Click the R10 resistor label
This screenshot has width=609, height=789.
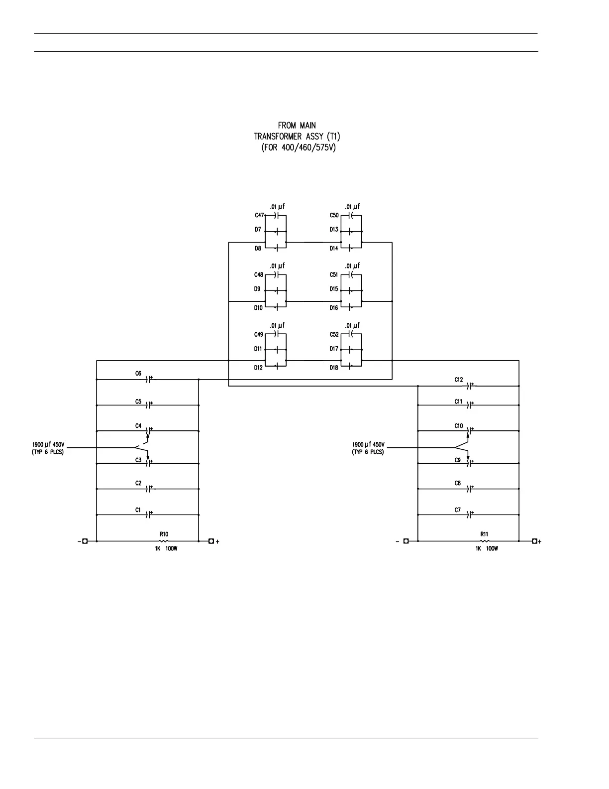[x=164, y=534]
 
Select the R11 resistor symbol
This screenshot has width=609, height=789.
[x=484, y=541]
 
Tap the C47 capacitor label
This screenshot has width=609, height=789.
[x=259, y=216]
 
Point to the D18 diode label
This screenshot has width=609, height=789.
[x=334, y=368]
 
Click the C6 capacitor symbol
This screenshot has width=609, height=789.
[x=149, y=380]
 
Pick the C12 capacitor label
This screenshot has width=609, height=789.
[x=458, y=380]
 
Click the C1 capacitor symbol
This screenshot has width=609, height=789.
[x=149, y=515]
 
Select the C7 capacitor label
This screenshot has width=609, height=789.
[x=457, y=510]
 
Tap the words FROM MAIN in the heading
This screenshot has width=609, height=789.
[x=297, y=126]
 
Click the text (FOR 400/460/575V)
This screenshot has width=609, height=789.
[x=299, y=148]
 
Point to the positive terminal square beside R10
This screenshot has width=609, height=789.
[x=211, y=541]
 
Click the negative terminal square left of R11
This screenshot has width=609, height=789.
[x=406, y=541]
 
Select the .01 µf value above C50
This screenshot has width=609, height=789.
[x=352, y=206]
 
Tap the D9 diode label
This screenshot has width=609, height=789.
[x=257, y=289]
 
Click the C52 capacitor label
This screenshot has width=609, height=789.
[x=334, y=335]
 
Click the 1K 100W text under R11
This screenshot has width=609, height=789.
[x=486, y=548]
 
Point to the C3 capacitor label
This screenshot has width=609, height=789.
[x=138, y=460]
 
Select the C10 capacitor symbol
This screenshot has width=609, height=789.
[x=469, y=430]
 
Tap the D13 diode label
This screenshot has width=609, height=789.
[x=334, y=230]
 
